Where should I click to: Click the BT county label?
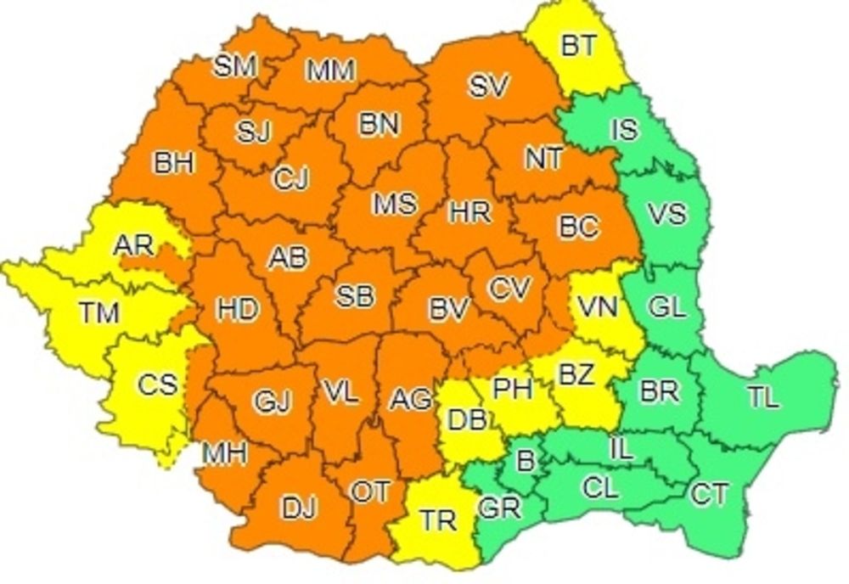click(x=580, y=46)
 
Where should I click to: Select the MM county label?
click(x=330, y=71)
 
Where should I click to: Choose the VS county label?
click(x=666, y=214)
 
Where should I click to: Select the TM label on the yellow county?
click(x=99, y=313)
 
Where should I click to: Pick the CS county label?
click(x=158, y=385)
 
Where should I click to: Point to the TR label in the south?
click(x=438, y=519)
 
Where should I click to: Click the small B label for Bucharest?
click(x=526, y=462)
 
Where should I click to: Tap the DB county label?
click(x=467, y=418)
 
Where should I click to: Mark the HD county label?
click(x=237, y=310)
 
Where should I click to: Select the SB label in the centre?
click(x=354, y=296)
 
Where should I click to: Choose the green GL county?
click(x=666, y=307)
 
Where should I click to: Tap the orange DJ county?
click(x=299, y=508)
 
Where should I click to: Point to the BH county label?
click(x=174, y=164)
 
